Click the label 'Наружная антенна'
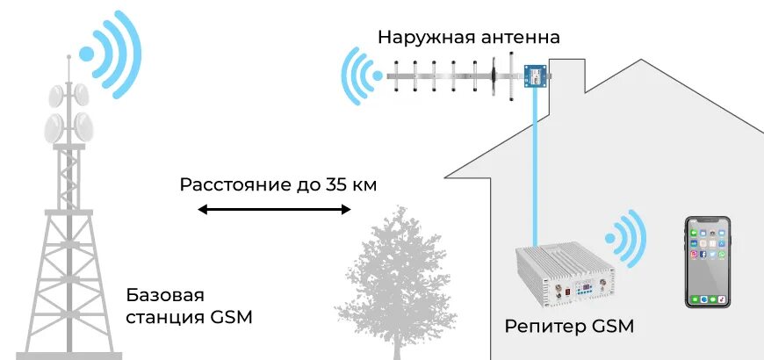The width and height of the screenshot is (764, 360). [x=468, y=38]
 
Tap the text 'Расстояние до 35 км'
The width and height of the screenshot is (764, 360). [x=280, y=185]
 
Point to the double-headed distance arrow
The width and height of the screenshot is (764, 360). [x=274, y=210]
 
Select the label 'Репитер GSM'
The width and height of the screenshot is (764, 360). [x=569, y=327]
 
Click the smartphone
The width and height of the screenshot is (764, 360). [x=708, y=262]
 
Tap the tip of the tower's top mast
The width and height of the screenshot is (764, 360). [x=68, y=55]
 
